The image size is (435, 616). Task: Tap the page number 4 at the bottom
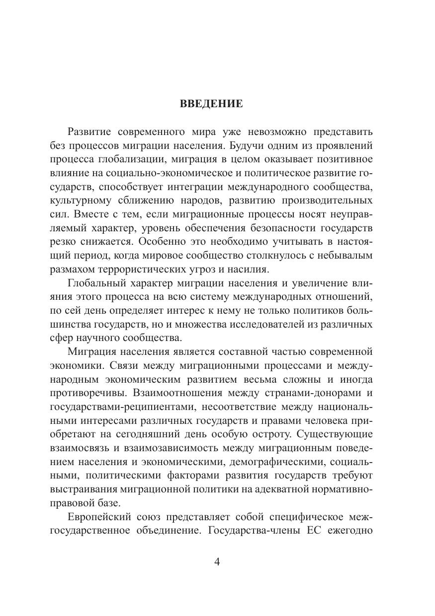tap(216, 562)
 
